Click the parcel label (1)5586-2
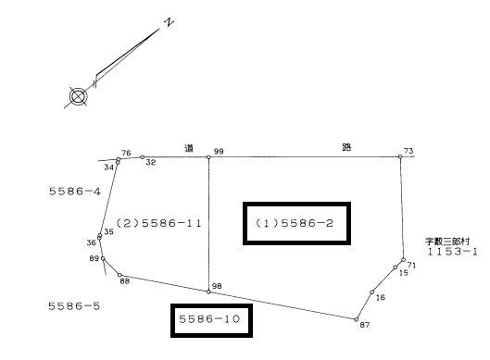coord(295,223)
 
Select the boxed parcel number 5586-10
coord(209,318)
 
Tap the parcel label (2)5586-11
coord(159,223)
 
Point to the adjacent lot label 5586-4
coord(75,191)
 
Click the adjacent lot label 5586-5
coord(74,306)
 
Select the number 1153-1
coord(452,252)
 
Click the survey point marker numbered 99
coord(208,157)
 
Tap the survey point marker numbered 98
coord(208,292)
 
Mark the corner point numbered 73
coord(400,156)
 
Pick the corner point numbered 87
coord(357,319)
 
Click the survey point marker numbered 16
coord(371,292)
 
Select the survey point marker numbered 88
coord(119,275)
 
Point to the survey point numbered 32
coord(143,157)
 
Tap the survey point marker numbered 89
coord(103,258)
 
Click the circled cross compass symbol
coord(78,96)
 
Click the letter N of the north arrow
coord(170,22)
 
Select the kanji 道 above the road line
coord(189,148)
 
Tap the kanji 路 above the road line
coord(346,147)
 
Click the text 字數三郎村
coord(447,241)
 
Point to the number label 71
coord(411,265)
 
